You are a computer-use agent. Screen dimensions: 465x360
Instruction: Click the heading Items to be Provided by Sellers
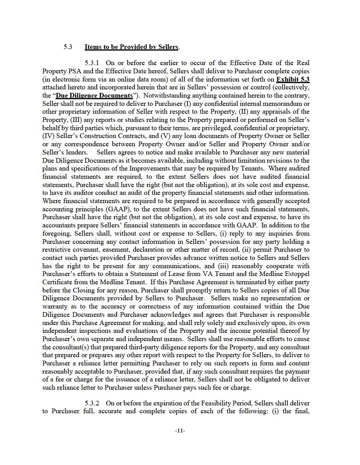(x=131, y=47)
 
